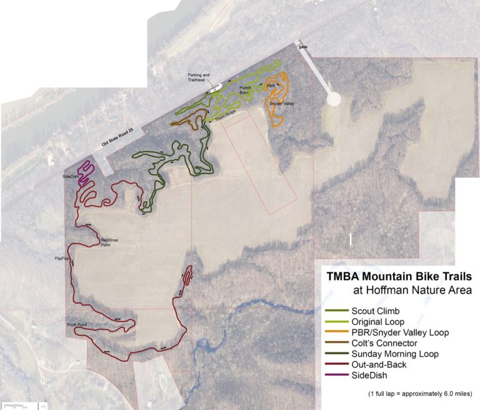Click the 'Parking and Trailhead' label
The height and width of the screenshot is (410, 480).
(199, 78)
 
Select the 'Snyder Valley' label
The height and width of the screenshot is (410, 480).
(281, 103)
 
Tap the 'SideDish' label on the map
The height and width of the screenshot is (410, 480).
(71, 177)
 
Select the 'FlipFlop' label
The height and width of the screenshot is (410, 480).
(63, 258)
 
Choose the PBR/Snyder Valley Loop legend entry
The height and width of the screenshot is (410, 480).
(400, 332)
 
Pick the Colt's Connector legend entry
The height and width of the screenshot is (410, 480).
(384, 342)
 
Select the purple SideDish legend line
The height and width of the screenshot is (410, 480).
(336, 376)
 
